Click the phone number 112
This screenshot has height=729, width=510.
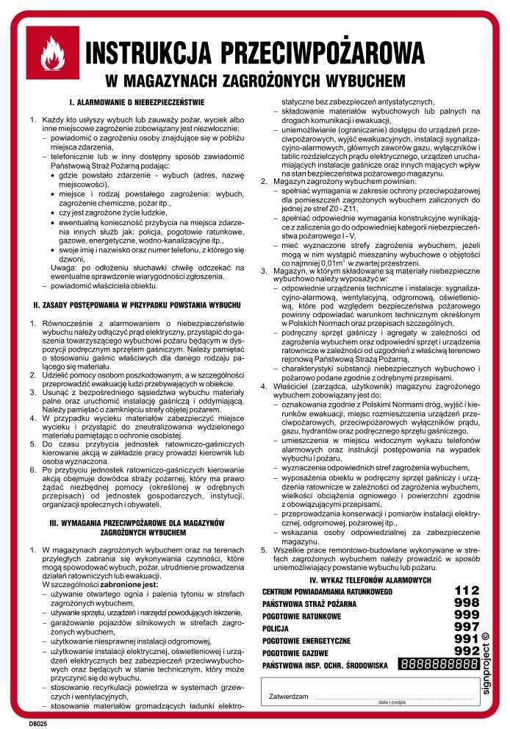467,591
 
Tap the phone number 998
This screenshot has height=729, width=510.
467,603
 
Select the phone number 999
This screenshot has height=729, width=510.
467,616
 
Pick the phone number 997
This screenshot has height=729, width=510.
467,627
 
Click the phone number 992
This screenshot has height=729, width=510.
467,652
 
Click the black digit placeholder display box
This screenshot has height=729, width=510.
439,665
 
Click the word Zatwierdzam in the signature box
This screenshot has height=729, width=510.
288,695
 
